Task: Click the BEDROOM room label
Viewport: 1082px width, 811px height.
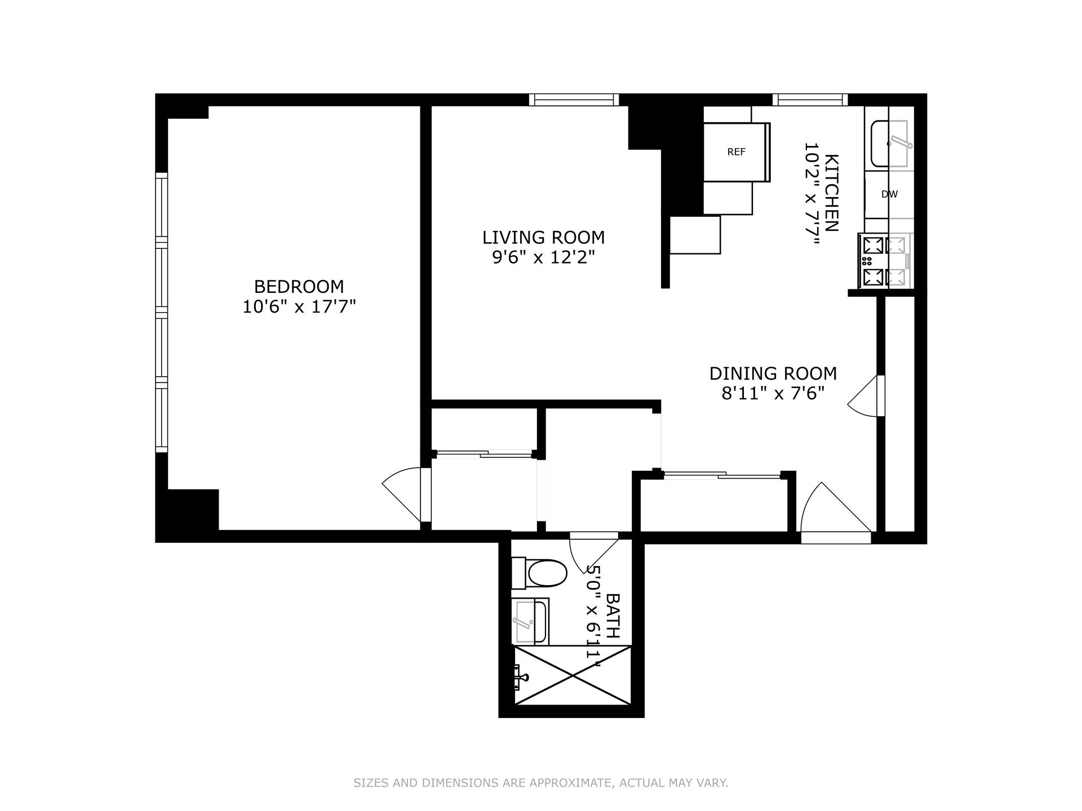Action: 299,287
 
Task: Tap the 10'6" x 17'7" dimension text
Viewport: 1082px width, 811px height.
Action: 299,307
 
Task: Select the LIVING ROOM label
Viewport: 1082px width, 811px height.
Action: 543,237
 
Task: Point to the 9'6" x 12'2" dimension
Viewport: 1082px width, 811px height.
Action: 543,257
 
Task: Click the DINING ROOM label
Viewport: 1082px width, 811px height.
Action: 773,373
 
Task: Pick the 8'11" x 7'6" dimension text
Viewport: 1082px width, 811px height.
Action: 773,393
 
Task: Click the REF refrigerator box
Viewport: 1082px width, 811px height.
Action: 736,152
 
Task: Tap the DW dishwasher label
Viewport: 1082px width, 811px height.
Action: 889,194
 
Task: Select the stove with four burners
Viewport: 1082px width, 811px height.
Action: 883,261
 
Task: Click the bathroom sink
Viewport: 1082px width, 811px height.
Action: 530,622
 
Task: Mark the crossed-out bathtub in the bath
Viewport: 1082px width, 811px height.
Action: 572,675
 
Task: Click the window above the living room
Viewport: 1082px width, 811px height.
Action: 574,100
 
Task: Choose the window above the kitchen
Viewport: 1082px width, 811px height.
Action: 810,100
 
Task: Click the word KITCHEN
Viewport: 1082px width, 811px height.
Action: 831,193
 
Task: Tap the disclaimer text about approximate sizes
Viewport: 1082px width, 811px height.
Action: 540,783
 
